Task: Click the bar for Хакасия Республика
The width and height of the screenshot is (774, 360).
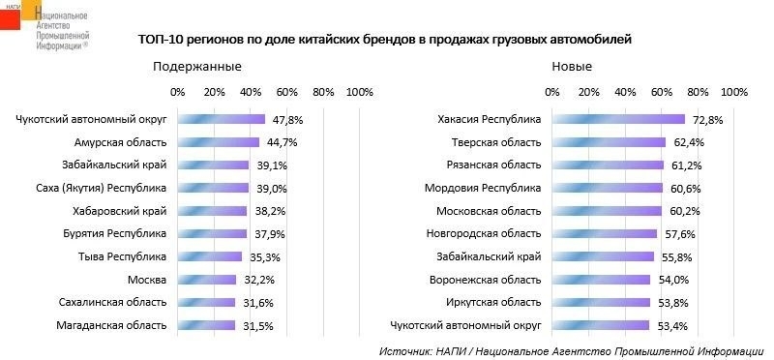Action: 618,119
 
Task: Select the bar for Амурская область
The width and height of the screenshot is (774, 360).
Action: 219,142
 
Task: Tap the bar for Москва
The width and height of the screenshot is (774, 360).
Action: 207,280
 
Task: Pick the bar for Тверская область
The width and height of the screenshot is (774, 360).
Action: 610,142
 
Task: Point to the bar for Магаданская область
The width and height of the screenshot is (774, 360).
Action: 206,325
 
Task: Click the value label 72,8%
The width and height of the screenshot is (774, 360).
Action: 707,120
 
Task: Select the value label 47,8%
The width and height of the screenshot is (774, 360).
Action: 286,120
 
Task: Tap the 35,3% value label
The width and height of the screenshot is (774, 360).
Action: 264,257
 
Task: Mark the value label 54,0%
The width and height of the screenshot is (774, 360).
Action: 673,280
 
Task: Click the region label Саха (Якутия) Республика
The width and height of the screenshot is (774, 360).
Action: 102,188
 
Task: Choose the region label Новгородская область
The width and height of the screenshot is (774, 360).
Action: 484,233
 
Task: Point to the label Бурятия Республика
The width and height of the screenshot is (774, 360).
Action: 115,233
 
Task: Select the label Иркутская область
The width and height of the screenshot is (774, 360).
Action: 493,302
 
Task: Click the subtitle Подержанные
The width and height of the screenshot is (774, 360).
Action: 197,67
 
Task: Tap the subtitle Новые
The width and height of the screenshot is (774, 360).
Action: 572,67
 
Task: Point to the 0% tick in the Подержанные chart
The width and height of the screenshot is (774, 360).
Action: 177,92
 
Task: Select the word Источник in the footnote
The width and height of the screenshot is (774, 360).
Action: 404,352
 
